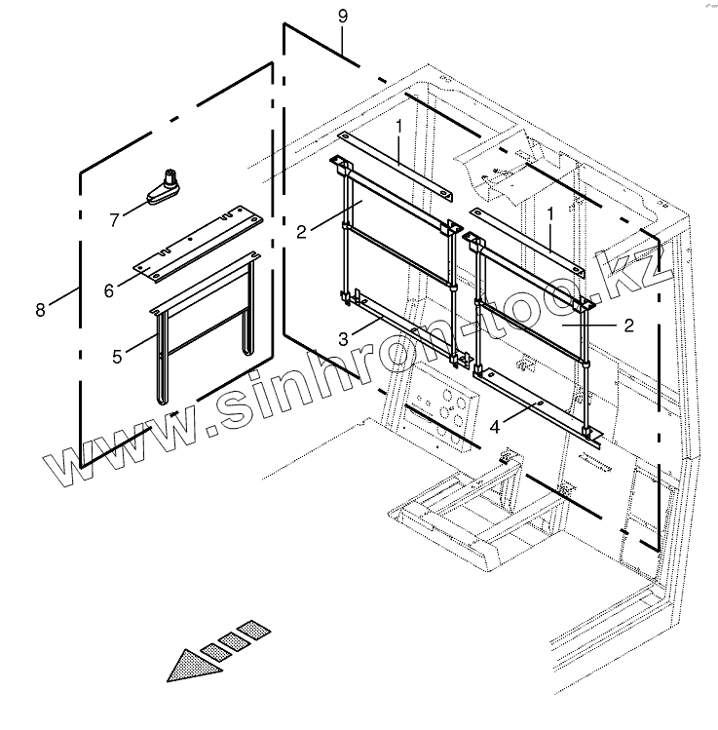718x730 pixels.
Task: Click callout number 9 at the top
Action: click(x=342, y=17)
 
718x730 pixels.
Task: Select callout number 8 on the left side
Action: click(x=40, y=310)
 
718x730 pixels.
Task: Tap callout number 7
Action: click(x=115, y=220)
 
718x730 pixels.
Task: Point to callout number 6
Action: click(x=109, y=289)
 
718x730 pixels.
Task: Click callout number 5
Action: click(x=117, y=357)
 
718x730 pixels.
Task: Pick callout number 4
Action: click(x=495, y=425)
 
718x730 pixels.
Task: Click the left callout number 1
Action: click(x=398, y=128)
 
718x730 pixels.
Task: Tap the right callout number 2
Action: click(x=628, y=326)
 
